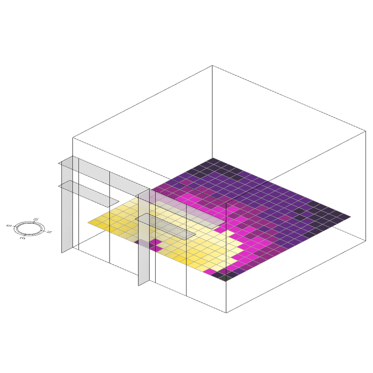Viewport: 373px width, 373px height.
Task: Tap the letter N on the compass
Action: [x=49, y=232]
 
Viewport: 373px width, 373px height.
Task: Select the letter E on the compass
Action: [x=22, y=238]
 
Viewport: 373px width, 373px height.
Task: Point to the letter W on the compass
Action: [x=36, y=219]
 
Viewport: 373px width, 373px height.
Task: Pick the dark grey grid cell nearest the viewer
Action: [x=226, y=278]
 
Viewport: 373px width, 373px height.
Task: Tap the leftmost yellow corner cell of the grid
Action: [x=95, y=223]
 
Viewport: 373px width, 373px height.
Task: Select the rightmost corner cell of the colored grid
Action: [x=344, y=217]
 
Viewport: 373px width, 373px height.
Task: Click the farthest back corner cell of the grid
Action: [x=213, y=161]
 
